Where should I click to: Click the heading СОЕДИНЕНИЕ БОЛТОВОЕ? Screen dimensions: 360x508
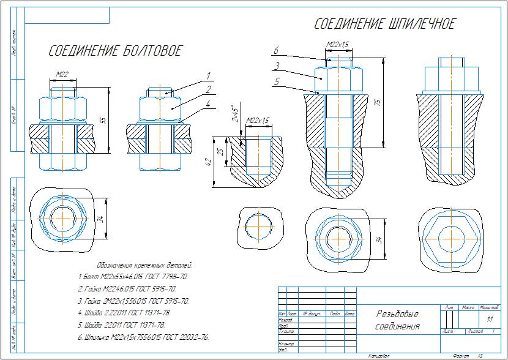click(x=115, y=51)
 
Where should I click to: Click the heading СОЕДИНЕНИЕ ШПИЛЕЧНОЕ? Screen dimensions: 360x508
click(x=384, y=24)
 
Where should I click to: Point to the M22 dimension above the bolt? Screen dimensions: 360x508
click(x=62, y=75)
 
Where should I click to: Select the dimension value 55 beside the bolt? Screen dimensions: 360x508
click(x=103, y=121)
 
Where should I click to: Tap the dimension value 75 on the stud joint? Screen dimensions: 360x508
click(x=378, y=102)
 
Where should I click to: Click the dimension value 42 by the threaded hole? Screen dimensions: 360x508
click(x=208, y=162)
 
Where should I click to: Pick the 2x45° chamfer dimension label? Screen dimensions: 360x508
click(x=233, y=113)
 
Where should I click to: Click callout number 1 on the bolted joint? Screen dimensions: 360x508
click(x=208, y=77)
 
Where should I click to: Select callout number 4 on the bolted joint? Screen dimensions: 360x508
click(x=208, y=103)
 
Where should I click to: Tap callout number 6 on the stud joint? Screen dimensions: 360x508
click(x=277, y=51)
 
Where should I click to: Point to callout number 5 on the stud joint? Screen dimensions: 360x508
click(x=277, y=81)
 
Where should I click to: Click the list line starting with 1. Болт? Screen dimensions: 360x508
click(x=133, y=277)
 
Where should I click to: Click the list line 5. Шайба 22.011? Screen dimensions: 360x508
click(x=122, y=325)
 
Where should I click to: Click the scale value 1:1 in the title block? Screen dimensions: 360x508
click(x=489, y=320)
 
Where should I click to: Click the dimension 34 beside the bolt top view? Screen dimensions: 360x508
click(x=102, y=219)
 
